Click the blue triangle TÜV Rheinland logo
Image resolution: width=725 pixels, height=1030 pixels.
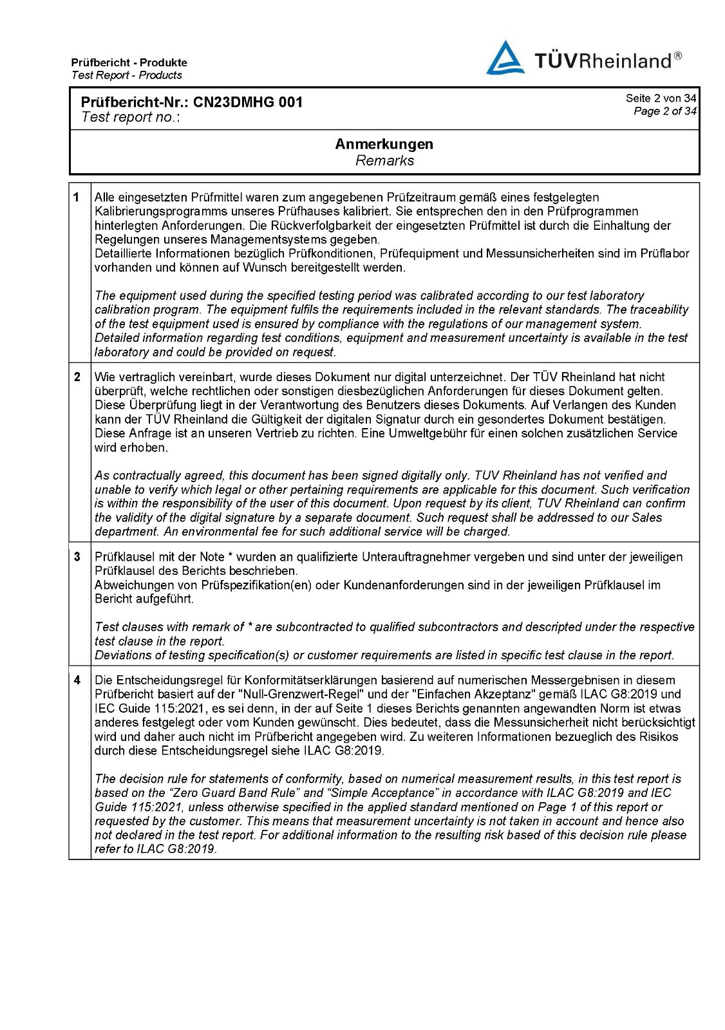point(505,58)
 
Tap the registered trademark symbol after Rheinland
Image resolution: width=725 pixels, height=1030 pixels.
point(678,57)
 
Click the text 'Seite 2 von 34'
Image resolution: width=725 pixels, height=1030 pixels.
point(661,98)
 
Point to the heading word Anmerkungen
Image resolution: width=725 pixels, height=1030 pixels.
point(384,144)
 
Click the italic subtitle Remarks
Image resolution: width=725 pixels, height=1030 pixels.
point(384,161)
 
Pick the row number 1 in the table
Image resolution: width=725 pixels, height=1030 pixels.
point(77,197)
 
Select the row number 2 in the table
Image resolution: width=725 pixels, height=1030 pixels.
point(77,377)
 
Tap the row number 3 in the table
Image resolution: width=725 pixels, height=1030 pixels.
point(77,557)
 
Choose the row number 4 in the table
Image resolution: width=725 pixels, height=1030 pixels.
point(77,680)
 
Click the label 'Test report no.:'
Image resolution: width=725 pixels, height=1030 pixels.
point(131,117)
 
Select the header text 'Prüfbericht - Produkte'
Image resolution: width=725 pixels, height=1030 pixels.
point(129,62)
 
